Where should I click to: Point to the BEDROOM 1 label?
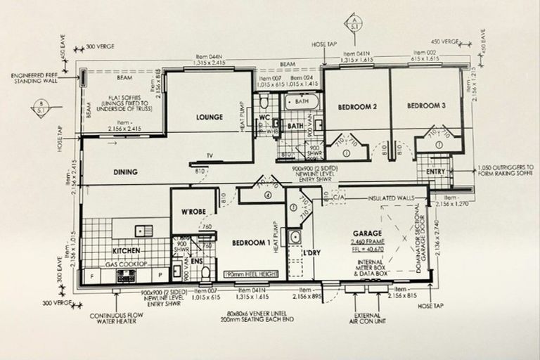click(x=251, y=243)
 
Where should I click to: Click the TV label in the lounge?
click(x=209, y=155)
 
